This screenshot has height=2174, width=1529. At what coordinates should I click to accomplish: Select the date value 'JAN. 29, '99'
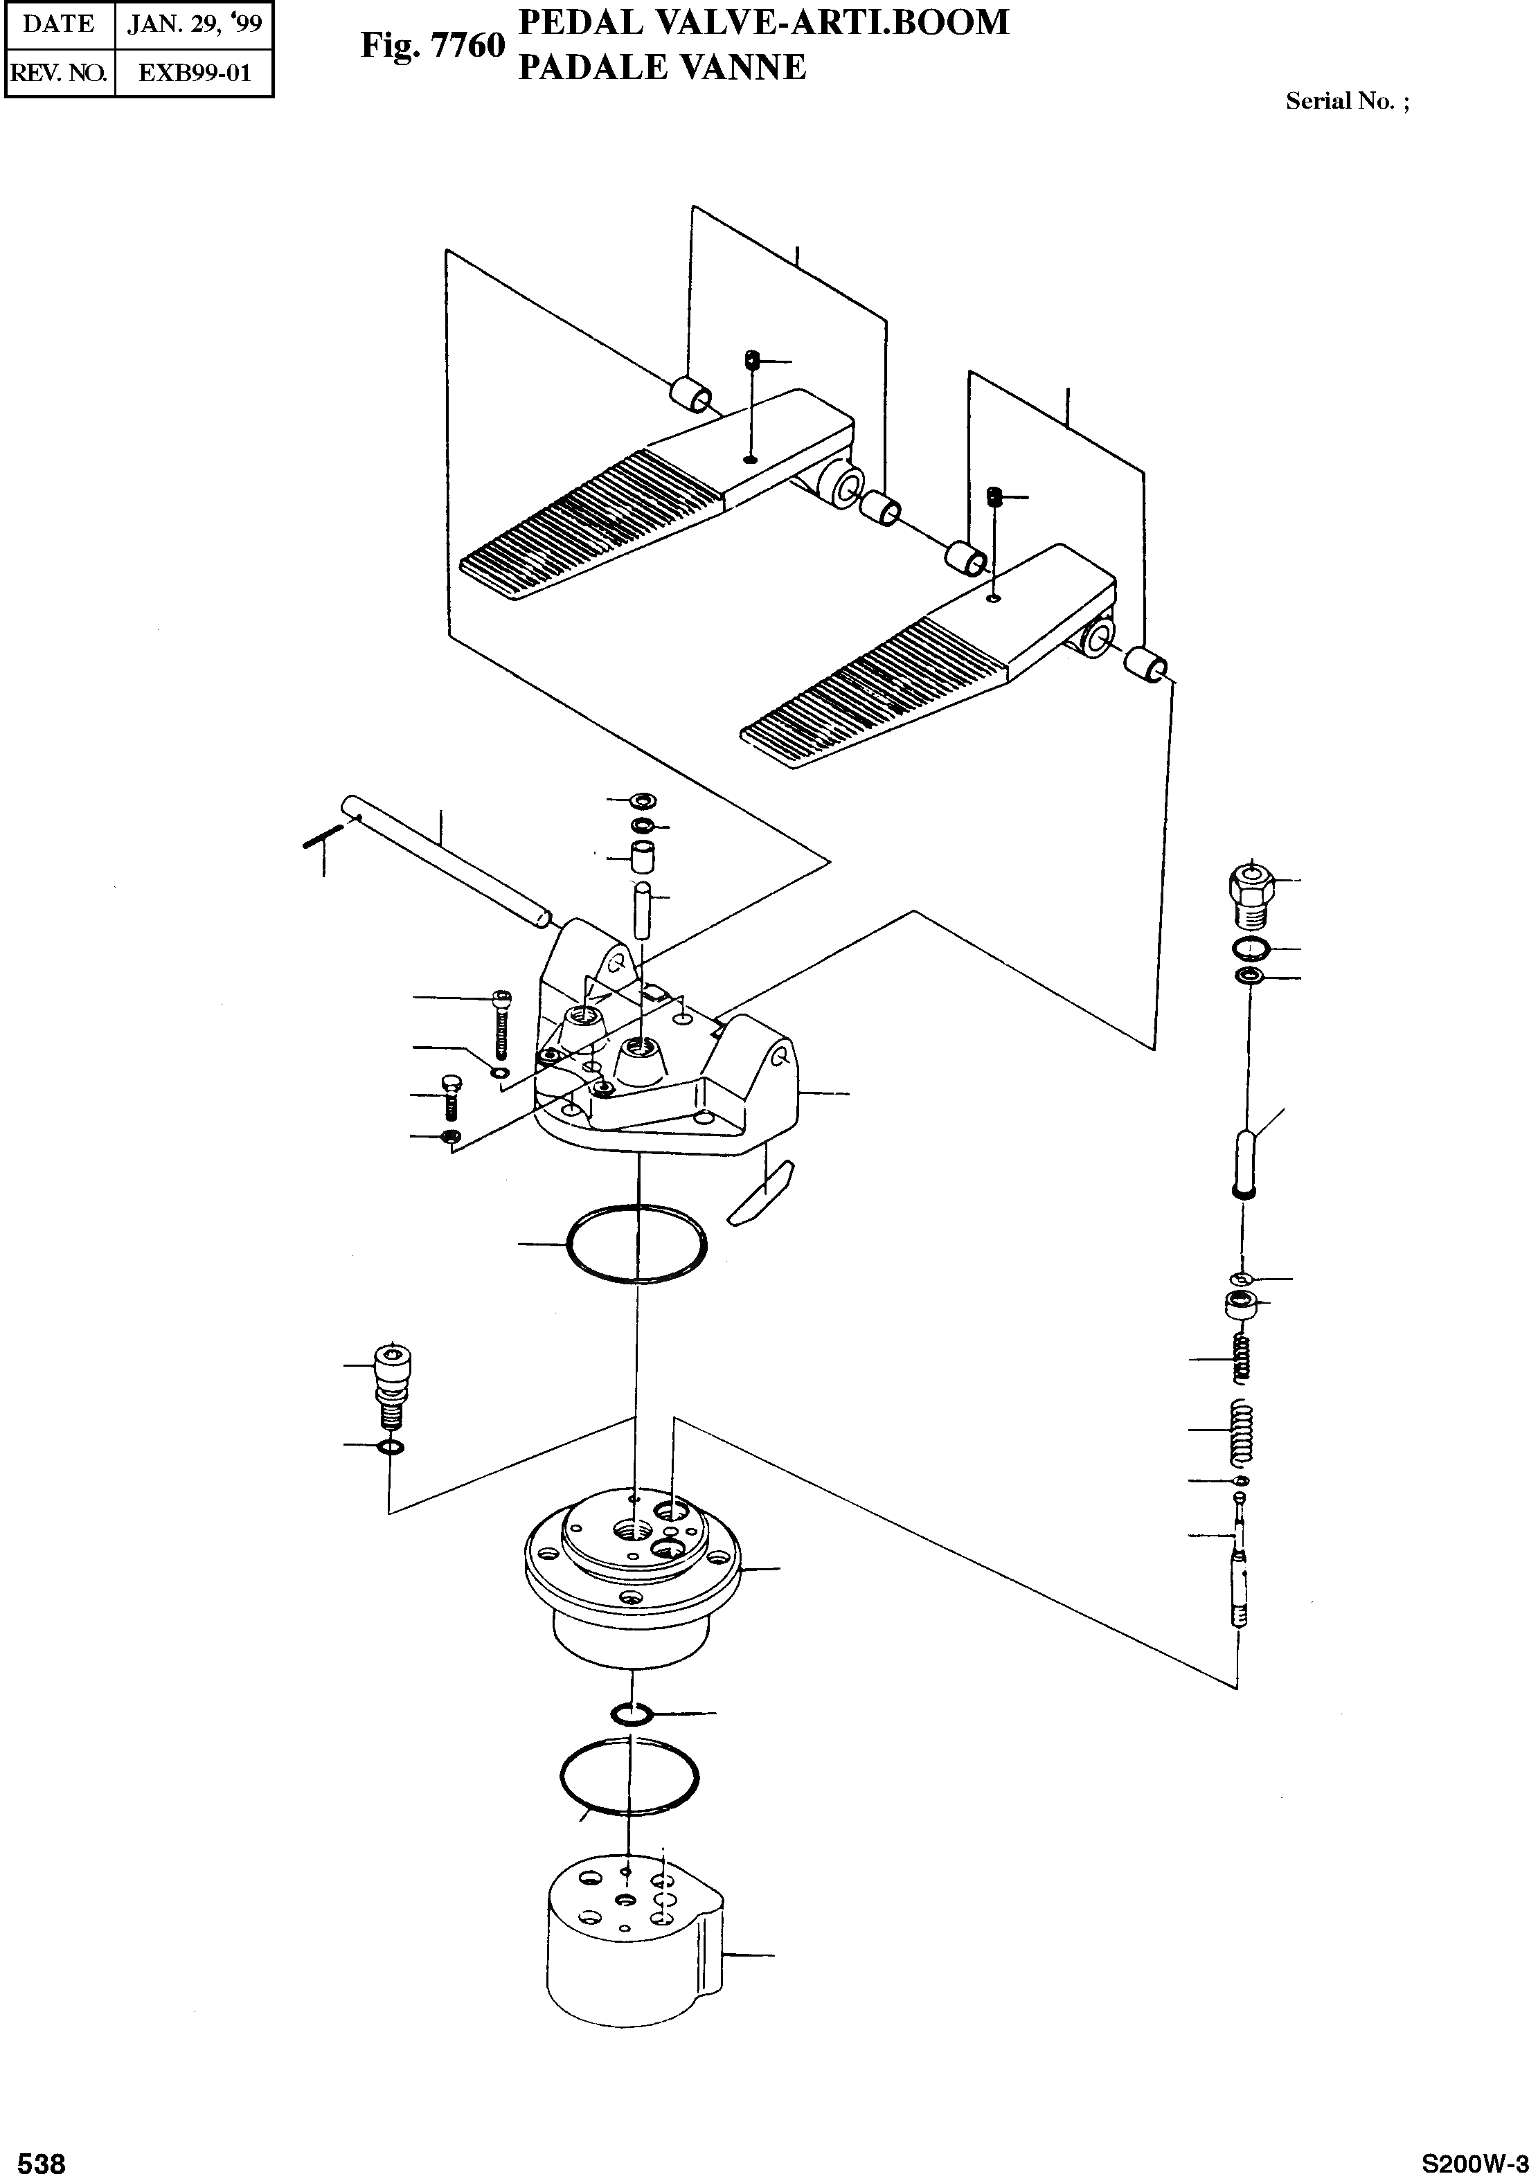[x=194, y=24]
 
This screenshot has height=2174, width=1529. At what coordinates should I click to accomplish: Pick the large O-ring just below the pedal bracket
[x=636, y=1244]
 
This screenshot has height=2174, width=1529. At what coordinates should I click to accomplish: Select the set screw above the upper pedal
[x=753, y=360]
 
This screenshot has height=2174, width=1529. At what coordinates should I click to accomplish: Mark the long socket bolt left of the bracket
[x=502, y=1023]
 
